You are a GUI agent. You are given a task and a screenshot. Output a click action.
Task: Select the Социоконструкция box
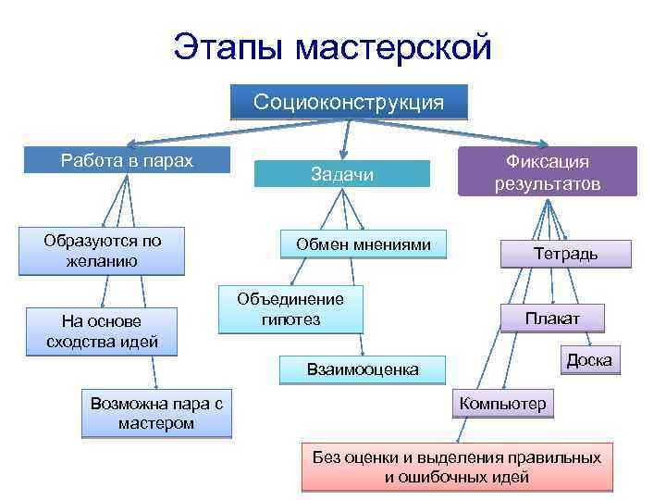(349, 101)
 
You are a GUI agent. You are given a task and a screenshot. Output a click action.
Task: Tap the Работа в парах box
(127, 160)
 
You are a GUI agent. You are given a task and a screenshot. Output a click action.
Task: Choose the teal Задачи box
(342, 174)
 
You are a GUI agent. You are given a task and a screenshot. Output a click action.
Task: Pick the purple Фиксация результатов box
(547, 171)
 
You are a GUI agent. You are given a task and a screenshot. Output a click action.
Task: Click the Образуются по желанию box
(102, 251)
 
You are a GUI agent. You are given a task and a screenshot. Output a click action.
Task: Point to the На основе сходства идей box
(102, 331)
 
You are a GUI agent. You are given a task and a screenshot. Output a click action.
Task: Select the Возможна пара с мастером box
(156, 413)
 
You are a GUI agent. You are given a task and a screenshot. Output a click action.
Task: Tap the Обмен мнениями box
(364, 244)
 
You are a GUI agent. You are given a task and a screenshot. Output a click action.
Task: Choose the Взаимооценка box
(363, 369)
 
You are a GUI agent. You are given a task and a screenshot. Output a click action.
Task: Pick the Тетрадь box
(565, 254)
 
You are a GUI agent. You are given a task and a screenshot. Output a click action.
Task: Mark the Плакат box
(552, 319)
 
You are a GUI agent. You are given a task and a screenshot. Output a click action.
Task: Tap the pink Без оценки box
(457, 468)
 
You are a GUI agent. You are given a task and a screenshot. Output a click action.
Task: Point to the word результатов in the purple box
(547, 183)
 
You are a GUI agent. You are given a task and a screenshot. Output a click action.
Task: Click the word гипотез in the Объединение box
(290, 319)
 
